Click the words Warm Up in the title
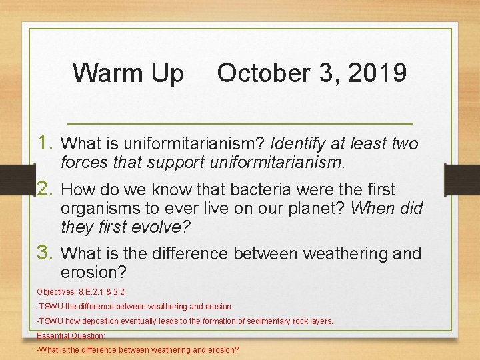tap(128, 73)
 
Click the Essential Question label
tap(71, 335)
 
